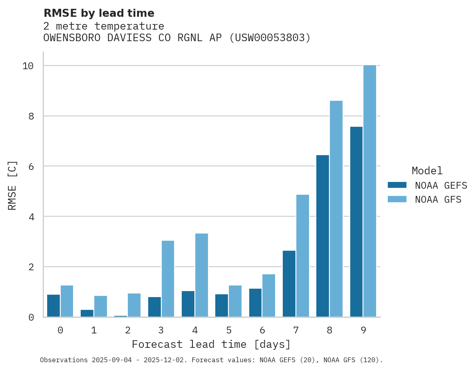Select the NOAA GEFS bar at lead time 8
coord(323,236)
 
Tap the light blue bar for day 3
coord(168,279)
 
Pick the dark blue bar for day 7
coord(289,284)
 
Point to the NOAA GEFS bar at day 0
coord(54,306)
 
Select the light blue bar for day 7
coord(303,256)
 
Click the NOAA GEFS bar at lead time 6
coord(255,303)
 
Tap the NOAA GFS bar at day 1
coord(101,306)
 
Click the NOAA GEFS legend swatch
coord(397,185)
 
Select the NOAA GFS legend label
coord(438,199)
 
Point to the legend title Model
coord(427,171)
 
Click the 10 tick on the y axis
coord(28,66)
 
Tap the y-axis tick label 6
coord(31,166)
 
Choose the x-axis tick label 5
coord(229,331)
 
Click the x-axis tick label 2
coord(128,331)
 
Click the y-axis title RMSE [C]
coord(12,185)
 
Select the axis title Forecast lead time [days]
coord(211,344)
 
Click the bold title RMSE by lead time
coord(99,13)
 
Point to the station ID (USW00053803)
coord(270,38)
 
